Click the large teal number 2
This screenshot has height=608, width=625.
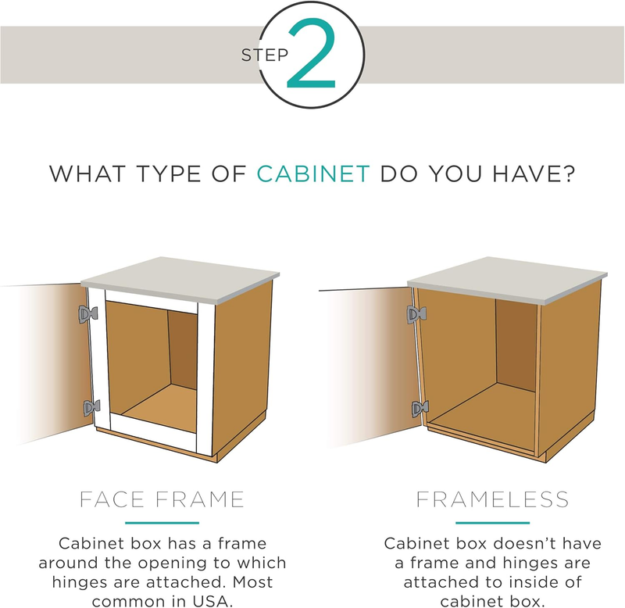(x=312, y=54)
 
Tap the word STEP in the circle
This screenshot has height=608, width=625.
(x=265, y=55)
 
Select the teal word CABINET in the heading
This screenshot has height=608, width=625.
(x=313, y=174)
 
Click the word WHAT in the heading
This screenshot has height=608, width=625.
(x=87, y=174)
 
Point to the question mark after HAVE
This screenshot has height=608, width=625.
(x=570, y=173)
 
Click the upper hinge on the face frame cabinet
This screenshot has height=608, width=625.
(x=87, y=315)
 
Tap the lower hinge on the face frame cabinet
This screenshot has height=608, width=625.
(x=91, y=408)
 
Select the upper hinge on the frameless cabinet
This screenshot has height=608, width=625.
(x=416, y=315)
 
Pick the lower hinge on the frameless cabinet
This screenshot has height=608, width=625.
(x=420, y=409)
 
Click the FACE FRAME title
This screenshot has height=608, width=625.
(x=162, y=499)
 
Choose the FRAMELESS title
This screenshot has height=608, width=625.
(x=492, y=499)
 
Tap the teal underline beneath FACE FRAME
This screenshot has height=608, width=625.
(x=162, y=523)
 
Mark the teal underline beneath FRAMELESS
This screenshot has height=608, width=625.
(x=492, y=523)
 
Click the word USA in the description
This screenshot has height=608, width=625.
(x=212, y=601)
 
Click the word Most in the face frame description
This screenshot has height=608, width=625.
(x=252, y=581)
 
